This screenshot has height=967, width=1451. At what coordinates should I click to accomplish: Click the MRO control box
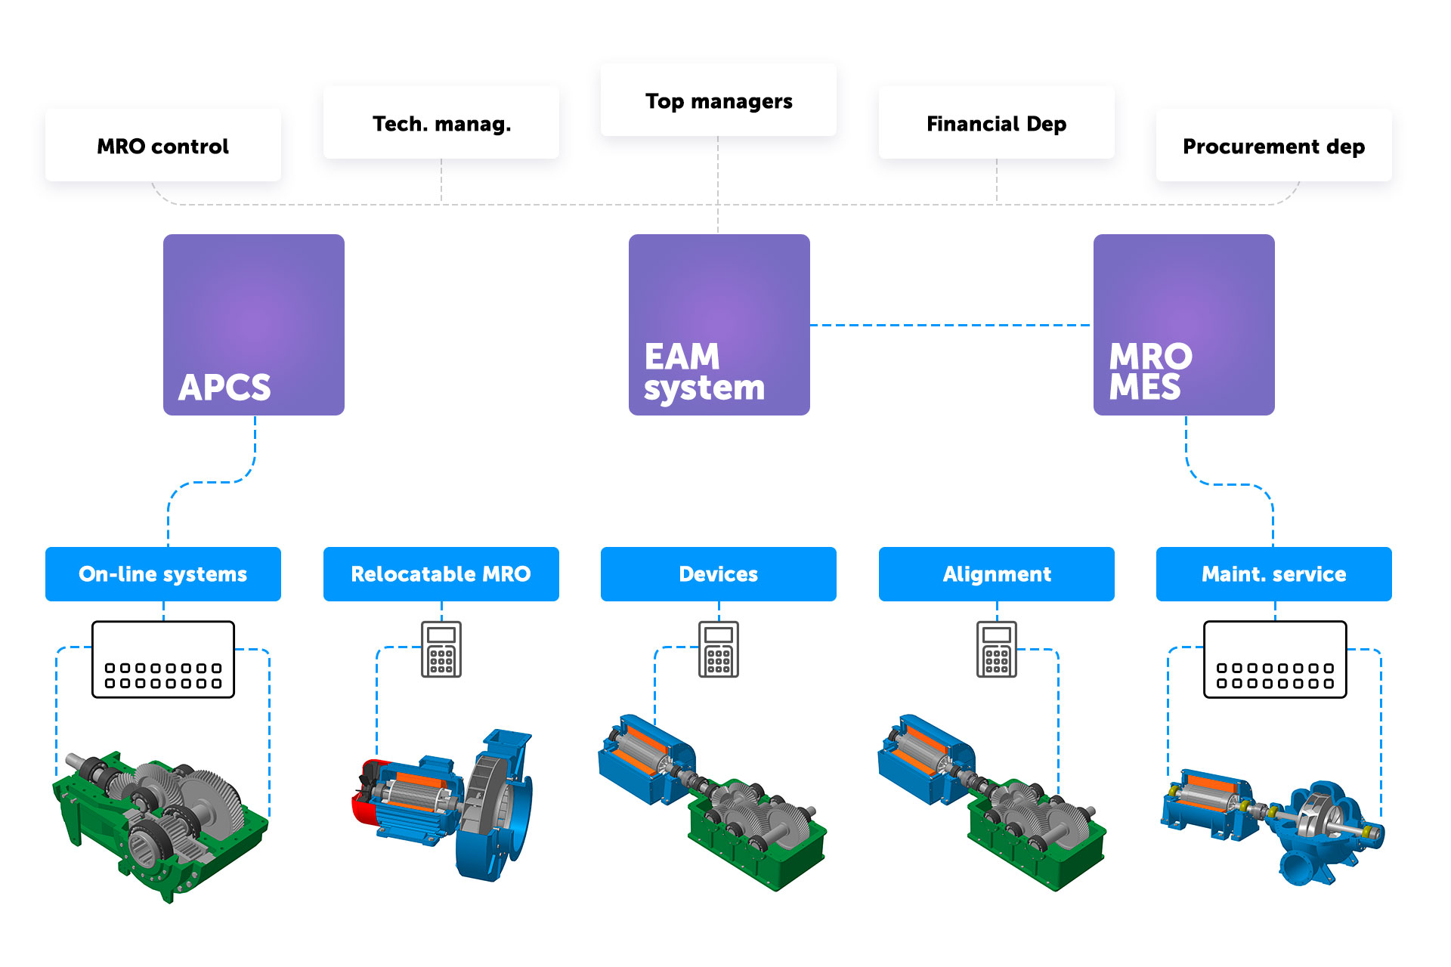click(163, 146)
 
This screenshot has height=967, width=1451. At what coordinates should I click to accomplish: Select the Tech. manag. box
click(441, 123)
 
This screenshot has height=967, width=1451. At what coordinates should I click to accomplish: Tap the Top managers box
click(719, 100)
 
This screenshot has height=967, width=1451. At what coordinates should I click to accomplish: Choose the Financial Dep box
click(996, 123)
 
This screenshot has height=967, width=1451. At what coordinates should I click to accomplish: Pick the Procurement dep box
click(1274, 146)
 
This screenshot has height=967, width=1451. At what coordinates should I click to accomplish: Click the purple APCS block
click(254, 325)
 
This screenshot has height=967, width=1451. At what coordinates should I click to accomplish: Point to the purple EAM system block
click(719, 325)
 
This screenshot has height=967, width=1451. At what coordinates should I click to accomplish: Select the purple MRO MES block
click(1184, 325)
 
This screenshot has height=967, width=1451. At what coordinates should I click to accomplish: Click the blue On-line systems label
click(163, 574)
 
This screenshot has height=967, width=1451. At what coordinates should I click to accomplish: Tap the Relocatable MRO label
click(441, 574)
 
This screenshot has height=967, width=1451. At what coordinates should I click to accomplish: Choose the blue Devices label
click(719, 574)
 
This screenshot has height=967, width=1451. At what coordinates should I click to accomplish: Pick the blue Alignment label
click(997, 574)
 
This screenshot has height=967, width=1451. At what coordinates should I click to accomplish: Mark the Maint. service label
click(1274, 574)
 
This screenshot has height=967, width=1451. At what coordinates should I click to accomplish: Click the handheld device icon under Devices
click(719, 650)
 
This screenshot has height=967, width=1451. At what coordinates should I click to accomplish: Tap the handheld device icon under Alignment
click(997, 650)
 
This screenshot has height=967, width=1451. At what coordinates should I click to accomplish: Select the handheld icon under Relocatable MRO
click(441, 650)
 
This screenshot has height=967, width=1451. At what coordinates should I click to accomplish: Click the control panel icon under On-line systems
click(163, 660)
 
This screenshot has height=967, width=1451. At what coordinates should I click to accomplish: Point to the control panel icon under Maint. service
click(1275, 660)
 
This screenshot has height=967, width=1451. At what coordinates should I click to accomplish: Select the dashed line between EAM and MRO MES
click(951, 326)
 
